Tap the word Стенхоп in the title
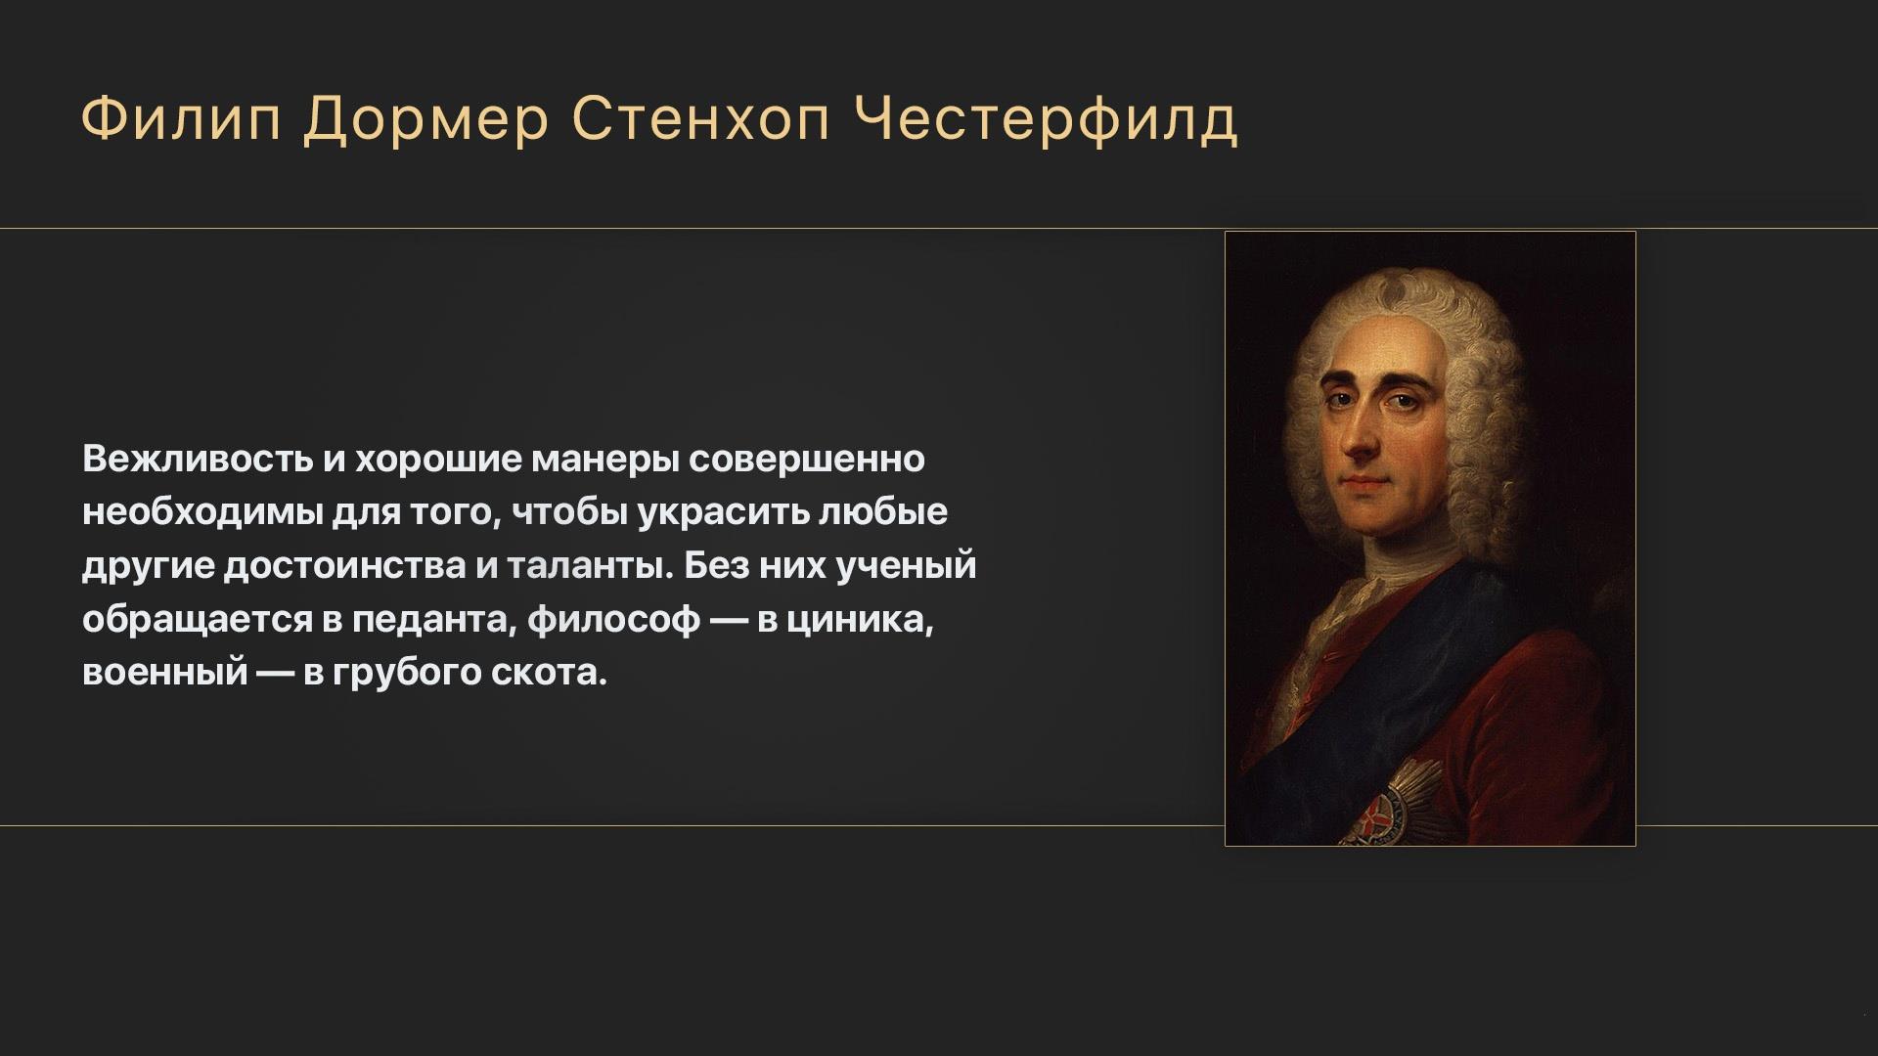701,120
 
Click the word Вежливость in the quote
197,459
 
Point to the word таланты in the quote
591,567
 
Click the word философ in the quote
613,620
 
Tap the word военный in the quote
164,674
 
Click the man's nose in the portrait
1360,435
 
